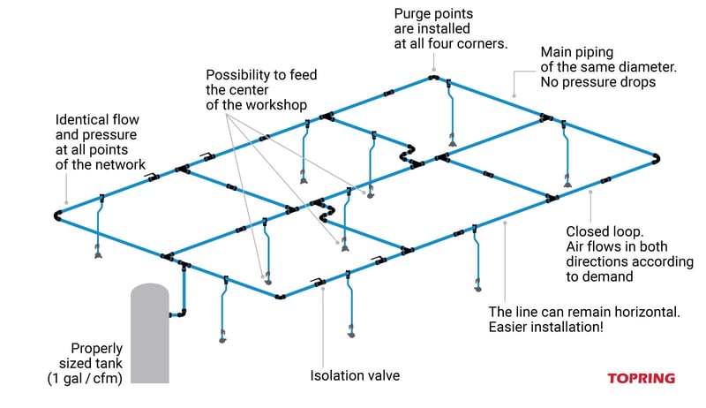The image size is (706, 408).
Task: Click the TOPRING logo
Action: pos(642,378)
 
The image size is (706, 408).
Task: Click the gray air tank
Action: pos(148,336)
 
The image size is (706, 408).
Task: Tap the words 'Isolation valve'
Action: pos(355,376)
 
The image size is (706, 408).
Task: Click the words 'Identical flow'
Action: pos(96,118)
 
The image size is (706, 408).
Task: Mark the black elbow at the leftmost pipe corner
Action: pos(58,215)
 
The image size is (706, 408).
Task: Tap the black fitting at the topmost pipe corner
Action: pos(434,78)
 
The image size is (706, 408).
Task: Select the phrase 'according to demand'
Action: pos(609,268)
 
